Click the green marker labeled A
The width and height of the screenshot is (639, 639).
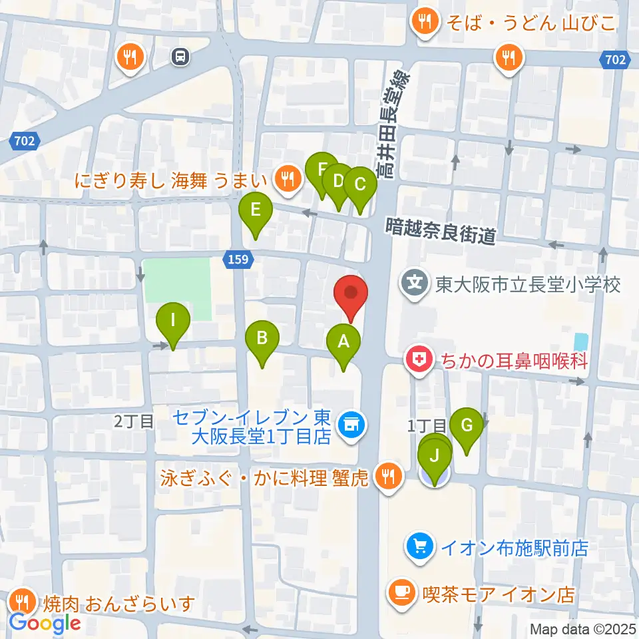tap(343, 343)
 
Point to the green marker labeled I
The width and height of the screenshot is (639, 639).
tap(173, 321)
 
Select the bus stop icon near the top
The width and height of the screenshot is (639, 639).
tap(180, 57)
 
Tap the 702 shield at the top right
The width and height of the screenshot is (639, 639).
tap(616, 61)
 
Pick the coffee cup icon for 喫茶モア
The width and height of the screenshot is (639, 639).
tap(401, 592)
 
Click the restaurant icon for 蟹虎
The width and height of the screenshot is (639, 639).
tap(386, 477)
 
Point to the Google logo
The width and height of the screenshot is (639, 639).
tap(45, 623)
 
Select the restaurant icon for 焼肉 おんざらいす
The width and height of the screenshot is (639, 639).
tap(23, 602)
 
